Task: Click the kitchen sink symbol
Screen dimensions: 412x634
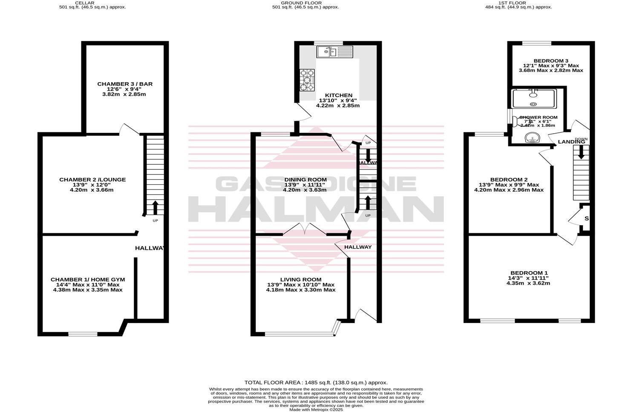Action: pos(334,52)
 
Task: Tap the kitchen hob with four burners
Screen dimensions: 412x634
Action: pos(307,80)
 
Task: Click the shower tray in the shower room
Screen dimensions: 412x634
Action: pos(534,98)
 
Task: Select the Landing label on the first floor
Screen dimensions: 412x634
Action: pos(571,142)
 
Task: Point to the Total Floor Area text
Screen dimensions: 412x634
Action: pos(316,383)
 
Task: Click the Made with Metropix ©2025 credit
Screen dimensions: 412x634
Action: pos(316,410)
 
